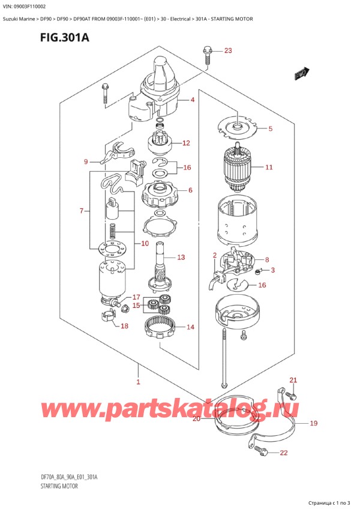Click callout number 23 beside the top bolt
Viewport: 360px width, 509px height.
click(227, 50)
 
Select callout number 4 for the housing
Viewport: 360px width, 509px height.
click(193, 100)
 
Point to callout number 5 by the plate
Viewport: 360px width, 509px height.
click(270, 128)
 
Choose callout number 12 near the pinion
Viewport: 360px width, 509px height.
click(186, 143)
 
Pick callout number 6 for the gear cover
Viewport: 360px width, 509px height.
click(190, 190)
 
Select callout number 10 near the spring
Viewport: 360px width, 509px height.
click(145, 244)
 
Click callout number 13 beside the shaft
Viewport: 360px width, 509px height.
click(181, 257)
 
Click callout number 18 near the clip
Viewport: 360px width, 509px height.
click(125, 327)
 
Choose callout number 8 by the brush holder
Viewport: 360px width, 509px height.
click(266, 260)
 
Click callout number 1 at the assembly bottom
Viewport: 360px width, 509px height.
click(138, 382)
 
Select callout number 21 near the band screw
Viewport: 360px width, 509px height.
click(293, 380)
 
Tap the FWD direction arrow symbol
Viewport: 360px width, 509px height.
click(301, 73)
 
